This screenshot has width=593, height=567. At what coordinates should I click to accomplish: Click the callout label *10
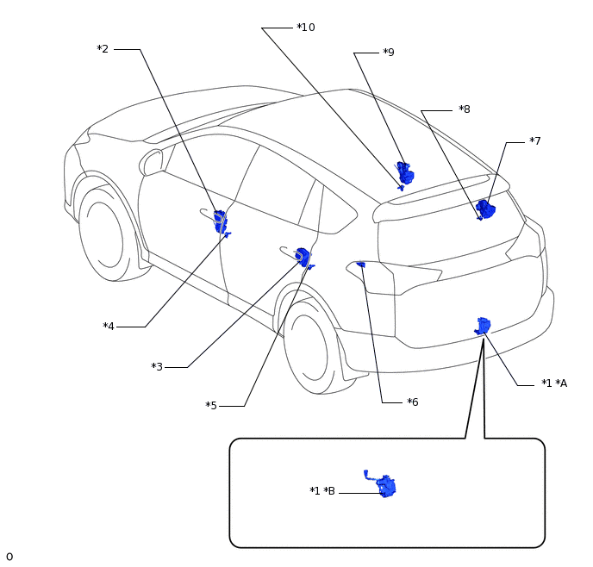[306, 28]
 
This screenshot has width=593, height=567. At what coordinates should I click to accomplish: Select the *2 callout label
[103, 49]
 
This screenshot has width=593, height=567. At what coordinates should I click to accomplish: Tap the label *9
[389, 53]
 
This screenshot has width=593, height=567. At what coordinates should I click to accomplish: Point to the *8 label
[465, 109]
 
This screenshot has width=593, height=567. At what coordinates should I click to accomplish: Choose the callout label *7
[535, 141]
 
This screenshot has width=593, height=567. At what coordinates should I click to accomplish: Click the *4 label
[109, 327]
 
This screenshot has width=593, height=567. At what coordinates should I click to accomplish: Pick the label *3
[157, 367]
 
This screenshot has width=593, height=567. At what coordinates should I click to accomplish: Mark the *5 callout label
[211, 406]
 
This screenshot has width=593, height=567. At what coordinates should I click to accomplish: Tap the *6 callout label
[413, 402]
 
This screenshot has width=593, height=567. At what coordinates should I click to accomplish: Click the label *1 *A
[554, 383]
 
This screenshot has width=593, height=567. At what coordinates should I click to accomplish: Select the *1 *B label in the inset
[322, 490]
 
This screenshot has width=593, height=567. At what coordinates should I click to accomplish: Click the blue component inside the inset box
[383, 484]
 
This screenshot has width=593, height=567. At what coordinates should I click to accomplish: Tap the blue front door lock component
[222, 221]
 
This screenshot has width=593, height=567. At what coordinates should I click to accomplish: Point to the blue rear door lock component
[303, 258]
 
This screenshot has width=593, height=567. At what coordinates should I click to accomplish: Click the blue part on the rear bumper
[483, 326]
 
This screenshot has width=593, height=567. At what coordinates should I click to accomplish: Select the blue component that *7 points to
[485, 209]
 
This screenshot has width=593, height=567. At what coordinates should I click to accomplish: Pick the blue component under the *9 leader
[404, 174]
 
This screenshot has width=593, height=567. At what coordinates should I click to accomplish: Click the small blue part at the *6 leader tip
[361, 265]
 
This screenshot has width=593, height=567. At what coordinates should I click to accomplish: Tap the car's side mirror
[152, 163]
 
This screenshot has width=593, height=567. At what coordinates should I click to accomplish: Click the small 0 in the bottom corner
[9, 557]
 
